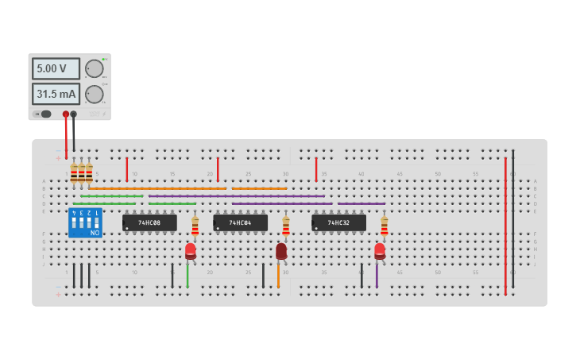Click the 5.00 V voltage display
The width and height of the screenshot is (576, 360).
(56, 68)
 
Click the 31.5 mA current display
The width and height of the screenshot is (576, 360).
(56, 94)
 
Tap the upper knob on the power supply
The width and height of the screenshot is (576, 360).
(94, 68)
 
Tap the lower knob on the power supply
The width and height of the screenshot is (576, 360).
(94, 95)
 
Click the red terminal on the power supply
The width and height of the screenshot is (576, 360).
(66, 114)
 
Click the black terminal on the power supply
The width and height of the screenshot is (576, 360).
(74, 114)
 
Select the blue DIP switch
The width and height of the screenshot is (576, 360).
(85, 223)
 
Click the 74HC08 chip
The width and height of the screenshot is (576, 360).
(149, 223)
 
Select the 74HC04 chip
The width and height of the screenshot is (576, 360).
(240, 223)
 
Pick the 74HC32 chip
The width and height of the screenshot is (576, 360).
(338, 223)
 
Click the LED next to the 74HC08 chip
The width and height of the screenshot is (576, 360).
(191, 251)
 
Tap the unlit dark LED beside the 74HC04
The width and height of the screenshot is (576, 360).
(281, 251)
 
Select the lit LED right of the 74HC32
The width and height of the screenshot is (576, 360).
(380, 251)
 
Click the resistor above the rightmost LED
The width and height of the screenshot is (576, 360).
(384, 226)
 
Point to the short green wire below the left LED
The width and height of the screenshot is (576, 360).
(187, 275)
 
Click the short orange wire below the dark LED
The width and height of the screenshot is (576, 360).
(278, 275)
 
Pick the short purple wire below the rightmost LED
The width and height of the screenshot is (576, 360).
(377, 275)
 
